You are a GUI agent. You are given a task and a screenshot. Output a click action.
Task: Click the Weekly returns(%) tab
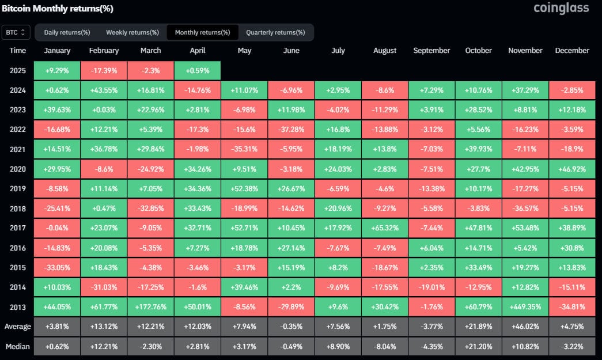coord(132,32)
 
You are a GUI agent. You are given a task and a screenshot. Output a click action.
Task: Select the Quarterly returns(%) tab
coord(275,32)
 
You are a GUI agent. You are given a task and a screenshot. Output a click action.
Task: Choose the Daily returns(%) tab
coord(67,32)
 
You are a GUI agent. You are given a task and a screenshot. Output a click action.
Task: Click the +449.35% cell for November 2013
coord(525,308)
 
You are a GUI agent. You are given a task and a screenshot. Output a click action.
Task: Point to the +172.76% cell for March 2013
coord(150,308)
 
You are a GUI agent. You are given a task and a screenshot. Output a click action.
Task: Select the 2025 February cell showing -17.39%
coord(104,71)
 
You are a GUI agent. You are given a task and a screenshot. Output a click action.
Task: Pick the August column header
coord(385,51)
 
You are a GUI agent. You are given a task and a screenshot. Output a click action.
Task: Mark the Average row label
coord(18,327)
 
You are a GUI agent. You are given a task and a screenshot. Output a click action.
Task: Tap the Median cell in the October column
coord(478,346)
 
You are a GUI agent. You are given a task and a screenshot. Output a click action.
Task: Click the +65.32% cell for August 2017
coord(385,229)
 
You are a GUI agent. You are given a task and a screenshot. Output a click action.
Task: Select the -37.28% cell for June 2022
coord(291,130)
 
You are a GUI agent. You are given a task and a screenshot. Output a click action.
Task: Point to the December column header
coord(572,51)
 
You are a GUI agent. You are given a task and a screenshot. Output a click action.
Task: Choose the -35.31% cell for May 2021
coord(244,149)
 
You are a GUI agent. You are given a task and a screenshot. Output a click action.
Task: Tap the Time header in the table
coord(18,51)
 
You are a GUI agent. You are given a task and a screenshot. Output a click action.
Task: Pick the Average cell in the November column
coord(525,327)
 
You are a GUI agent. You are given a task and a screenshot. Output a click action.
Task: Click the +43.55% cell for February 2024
coord(104,90)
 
